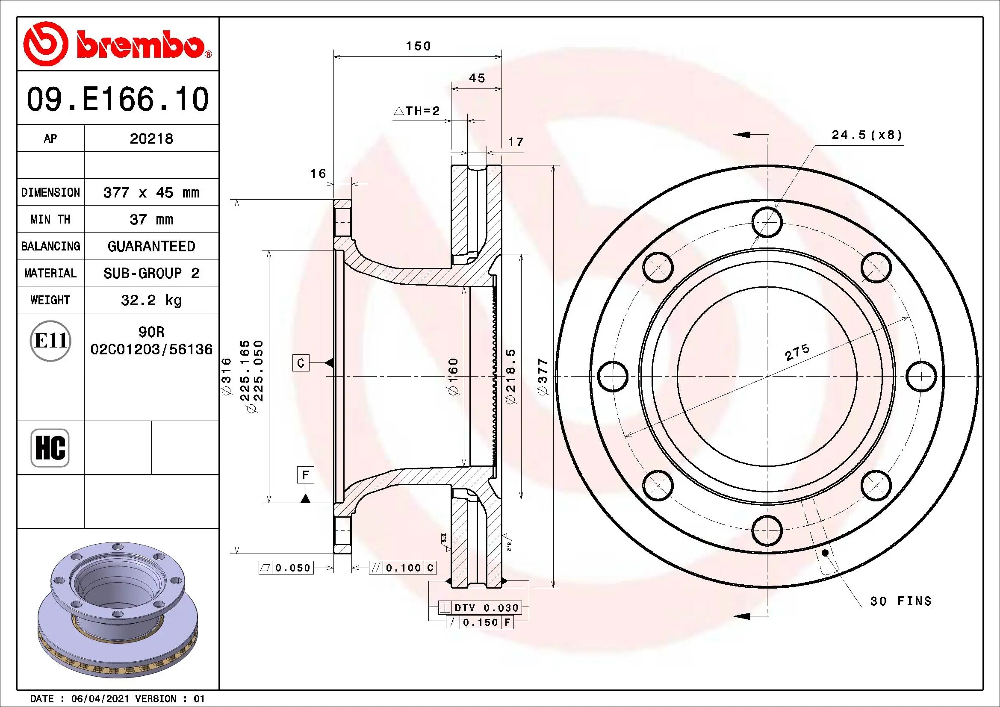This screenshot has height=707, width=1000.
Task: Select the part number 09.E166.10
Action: (118, 99)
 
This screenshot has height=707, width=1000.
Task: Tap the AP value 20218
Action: (151, 138)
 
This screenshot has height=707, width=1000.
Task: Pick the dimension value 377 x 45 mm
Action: (151, 192)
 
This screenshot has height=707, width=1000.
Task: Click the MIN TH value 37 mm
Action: (151, 219)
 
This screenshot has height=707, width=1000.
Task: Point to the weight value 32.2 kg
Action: (151, 300)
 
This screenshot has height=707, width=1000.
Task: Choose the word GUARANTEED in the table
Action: (151, 246)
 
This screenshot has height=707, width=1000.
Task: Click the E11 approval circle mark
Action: (50, 340)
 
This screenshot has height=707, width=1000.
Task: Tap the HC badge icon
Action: (50, 448)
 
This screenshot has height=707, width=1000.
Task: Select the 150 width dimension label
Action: (418, 46)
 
